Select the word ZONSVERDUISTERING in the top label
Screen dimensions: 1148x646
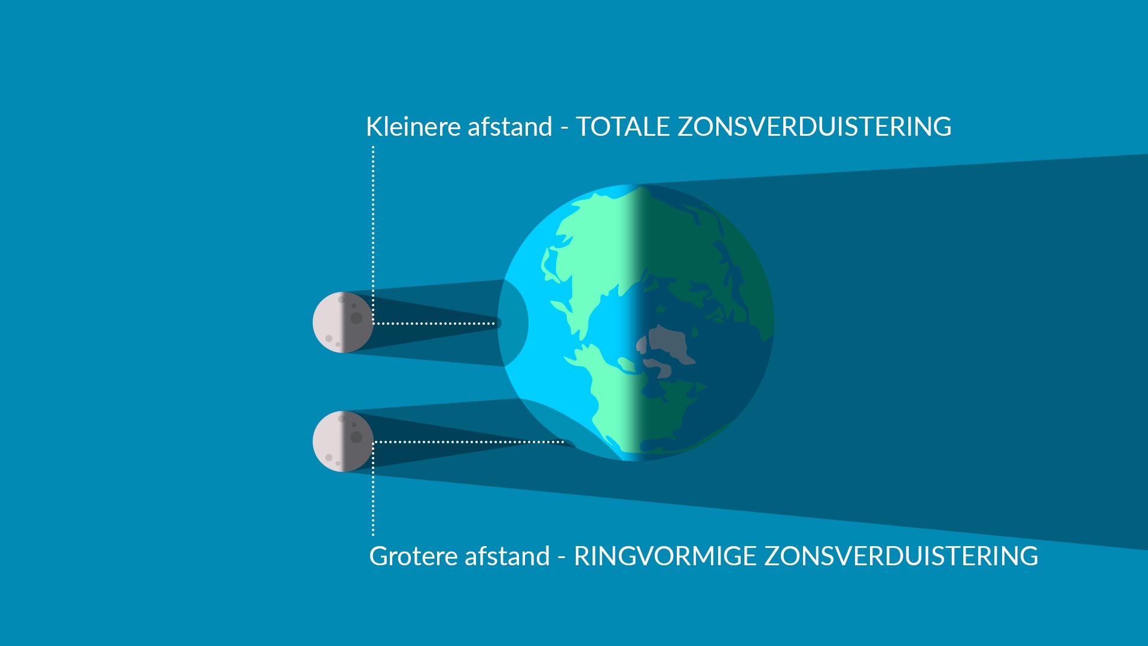coord(814,127)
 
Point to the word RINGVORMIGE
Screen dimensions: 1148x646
coord(665,556)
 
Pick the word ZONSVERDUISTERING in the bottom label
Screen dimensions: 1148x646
coord(902,556)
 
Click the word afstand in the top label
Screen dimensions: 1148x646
coord(510,127)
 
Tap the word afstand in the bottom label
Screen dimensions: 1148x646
coord(508,556)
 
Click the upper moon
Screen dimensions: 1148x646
coord(343,322)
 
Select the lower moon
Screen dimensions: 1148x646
coord(343,441)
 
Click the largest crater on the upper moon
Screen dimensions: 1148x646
coord(356,318)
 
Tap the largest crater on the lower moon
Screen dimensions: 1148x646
coord(356,437)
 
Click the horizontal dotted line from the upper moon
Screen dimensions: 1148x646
coord(434,324)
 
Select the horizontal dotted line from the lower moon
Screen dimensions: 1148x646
coord(469,442)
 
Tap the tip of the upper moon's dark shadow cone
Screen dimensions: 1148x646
coord(501,323)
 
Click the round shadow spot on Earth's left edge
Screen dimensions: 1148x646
coord(513,323)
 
